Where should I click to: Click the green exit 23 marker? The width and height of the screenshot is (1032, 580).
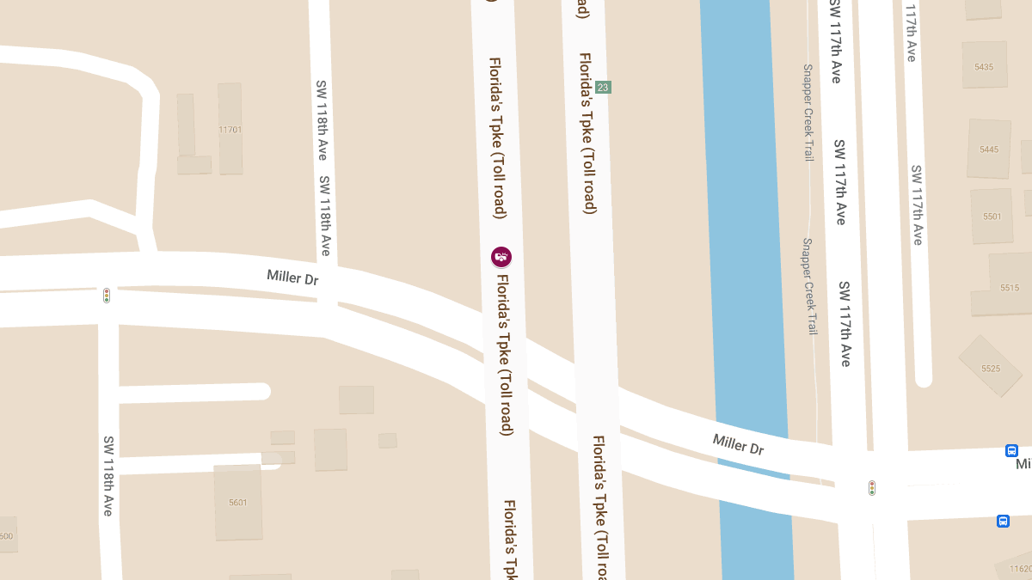click(603, 87)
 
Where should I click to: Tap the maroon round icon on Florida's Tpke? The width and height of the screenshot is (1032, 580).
click(501, 256)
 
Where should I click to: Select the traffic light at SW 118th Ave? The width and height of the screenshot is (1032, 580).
click(107, 296)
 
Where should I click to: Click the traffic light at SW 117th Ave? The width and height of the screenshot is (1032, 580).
click(872, 488)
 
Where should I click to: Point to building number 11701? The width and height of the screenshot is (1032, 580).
click(230, 130)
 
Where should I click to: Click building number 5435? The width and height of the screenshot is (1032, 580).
click(985, 67)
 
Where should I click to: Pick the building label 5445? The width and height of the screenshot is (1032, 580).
click(989, 150)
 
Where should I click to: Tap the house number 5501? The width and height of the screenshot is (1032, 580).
click(992, 217)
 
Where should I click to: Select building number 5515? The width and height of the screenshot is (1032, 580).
click(1010, 288)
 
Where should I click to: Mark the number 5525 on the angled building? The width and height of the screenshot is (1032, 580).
click(991, 369)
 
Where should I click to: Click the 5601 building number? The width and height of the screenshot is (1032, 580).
click(238, 503)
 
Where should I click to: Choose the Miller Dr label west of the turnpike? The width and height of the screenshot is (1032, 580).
click(293, 277)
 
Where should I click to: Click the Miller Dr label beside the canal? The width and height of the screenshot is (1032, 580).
click(738, 444)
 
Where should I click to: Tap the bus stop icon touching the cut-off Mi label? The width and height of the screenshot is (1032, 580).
click(1011, 450)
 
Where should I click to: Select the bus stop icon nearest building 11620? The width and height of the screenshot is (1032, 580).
click(1003, 521)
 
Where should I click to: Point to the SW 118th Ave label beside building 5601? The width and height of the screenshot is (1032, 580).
click(108, 475)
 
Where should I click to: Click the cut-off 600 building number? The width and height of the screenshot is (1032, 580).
click(6, 536)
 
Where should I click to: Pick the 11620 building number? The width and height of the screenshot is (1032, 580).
click(1021, 569)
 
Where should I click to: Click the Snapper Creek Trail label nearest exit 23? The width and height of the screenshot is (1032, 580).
click(808, 113)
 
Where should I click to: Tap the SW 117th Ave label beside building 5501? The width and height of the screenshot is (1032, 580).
click(918, 205)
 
